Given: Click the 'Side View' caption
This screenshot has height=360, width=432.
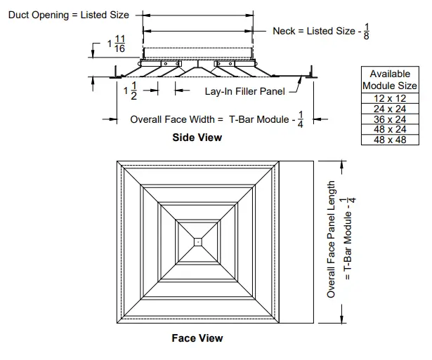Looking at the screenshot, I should coord(197,138).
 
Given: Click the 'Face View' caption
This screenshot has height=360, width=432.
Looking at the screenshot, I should coord(197,338).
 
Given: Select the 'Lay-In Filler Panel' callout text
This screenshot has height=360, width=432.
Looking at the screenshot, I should coord(245,91).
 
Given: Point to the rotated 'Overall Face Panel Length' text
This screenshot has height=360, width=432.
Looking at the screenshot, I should coord(332,239).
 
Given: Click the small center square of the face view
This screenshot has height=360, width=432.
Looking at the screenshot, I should coord(199,241).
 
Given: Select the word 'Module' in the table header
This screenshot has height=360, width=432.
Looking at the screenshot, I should coord(379,86).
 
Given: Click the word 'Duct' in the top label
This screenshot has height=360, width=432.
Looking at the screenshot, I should coord(19,15).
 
